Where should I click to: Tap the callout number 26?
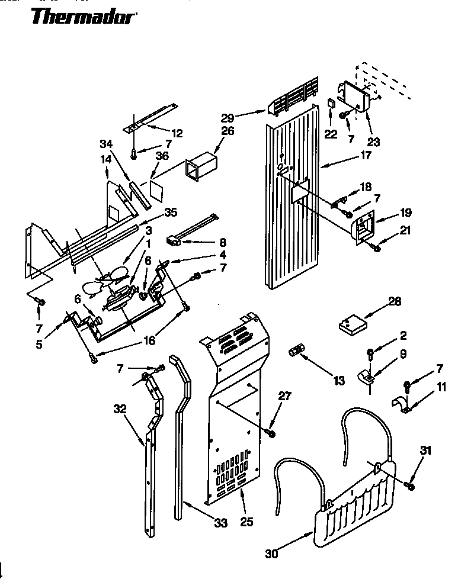(228, 131)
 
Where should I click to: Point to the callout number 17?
(366, 156)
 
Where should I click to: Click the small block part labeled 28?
(352, 324)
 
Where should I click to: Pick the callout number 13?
(339, 381)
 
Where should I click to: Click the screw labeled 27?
(272, 433)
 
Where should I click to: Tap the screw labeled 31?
(409, 485)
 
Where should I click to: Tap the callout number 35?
(171, 212)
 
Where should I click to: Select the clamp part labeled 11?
(404, 407)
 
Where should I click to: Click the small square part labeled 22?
(331, 104)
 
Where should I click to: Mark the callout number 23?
(374, 142)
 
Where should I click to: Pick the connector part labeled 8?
(173, 240)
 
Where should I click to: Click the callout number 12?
(177, 133)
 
